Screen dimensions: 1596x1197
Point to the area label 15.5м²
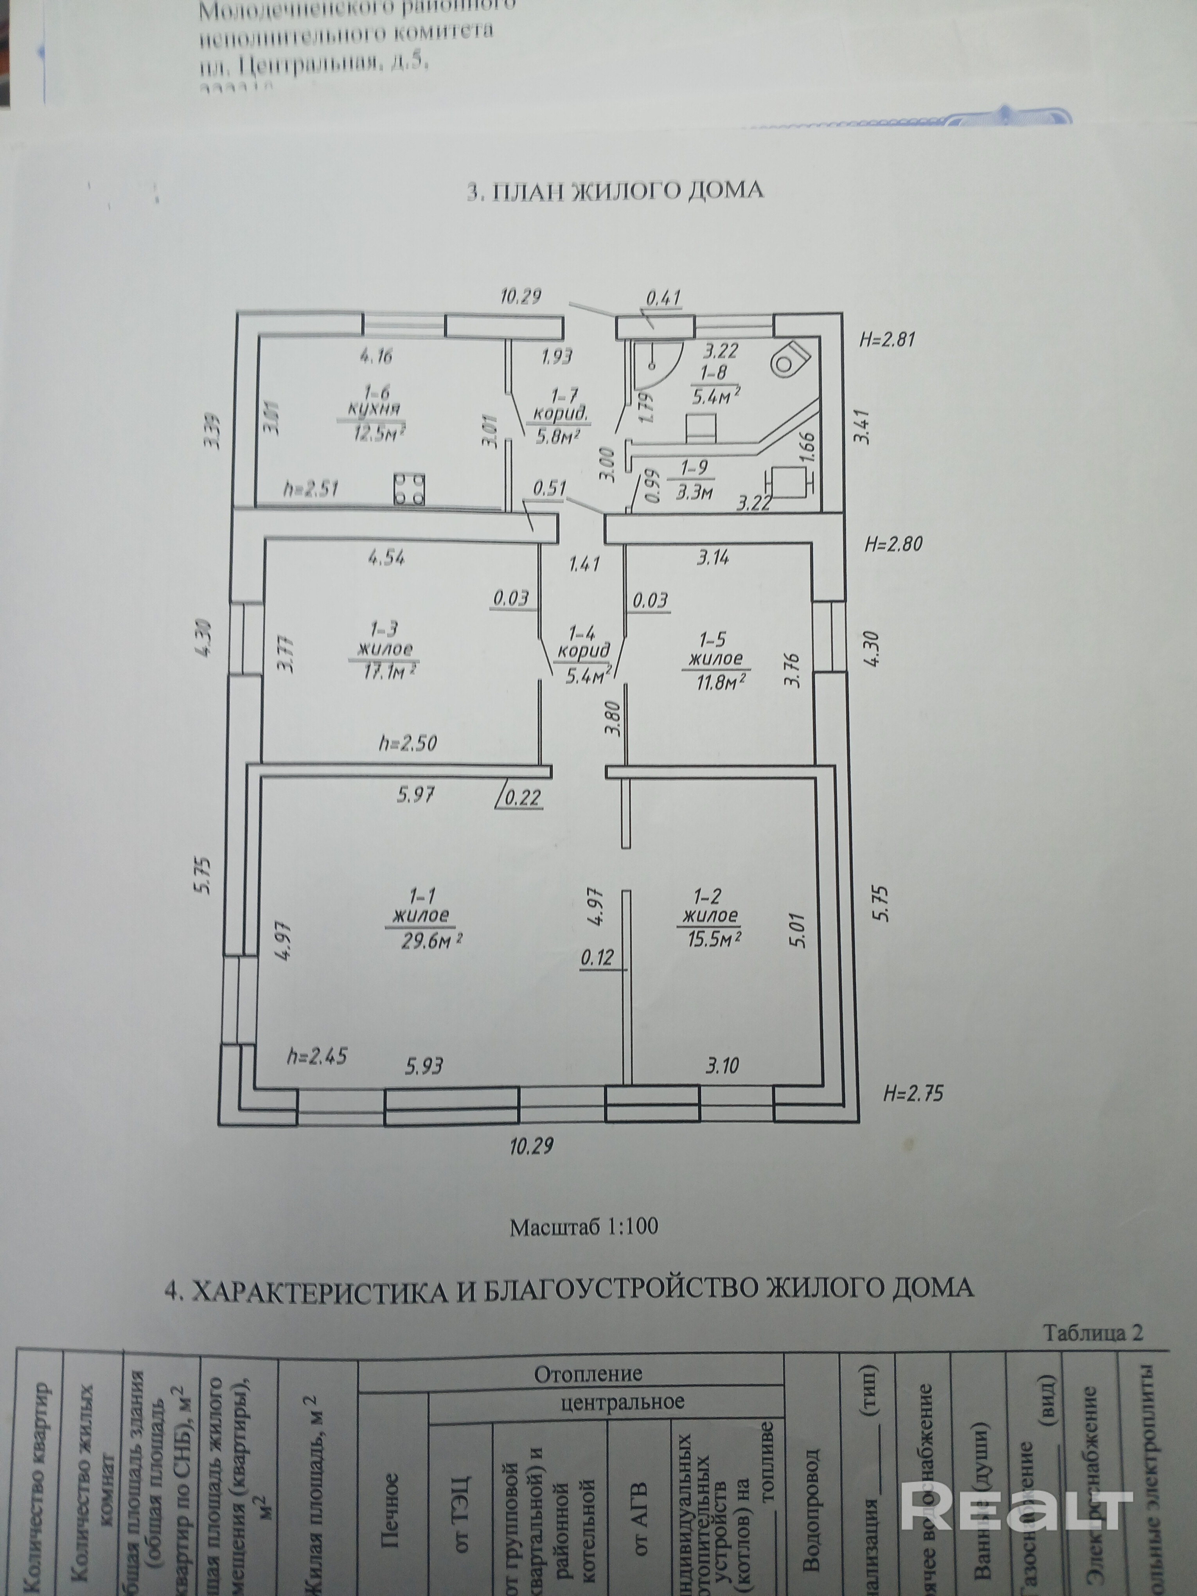711,940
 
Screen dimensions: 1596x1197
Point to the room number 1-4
582,633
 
